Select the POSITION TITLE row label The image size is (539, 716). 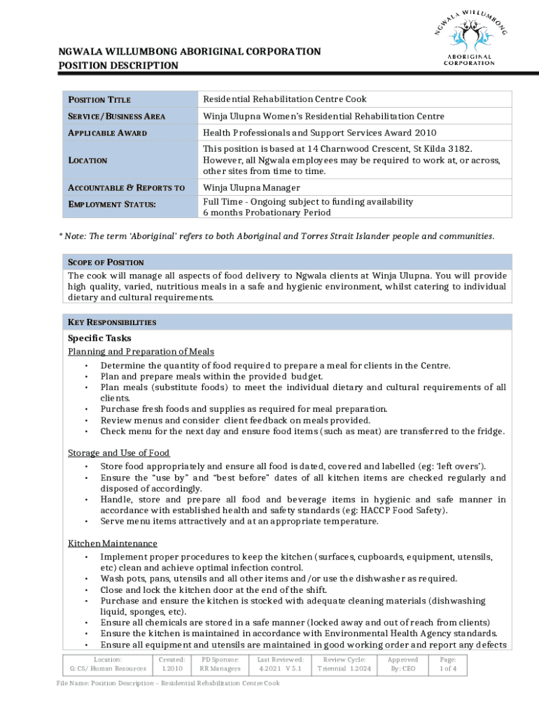[x=99, y=100]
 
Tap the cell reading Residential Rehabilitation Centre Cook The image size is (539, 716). [x=285, y=99]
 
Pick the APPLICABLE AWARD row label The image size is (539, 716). [x=107, y=133]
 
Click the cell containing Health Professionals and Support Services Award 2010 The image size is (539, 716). [x=319, y=133]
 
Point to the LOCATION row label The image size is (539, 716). [x=87, y=161]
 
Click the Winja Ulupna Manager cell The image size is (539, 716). [x=251, y=187]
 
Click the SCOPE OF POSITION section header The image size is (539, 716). [x=106, y=262]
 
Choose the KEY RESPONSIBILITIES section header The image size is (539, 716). [x=112, y=322]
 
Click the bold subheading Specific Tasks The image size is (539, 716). [x=99, y=338]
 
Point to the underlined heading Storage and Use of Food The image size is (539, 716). [x=119, y=453]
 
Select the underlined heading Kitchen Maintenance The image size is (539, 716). [x=112, y=543]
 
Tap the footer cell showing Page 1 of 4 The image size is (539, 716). [x=448, y=664]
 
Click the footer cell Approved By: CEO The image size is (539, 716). [x=402, y=664]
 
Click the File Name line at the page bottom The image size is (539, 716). [x=168, y=683]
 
